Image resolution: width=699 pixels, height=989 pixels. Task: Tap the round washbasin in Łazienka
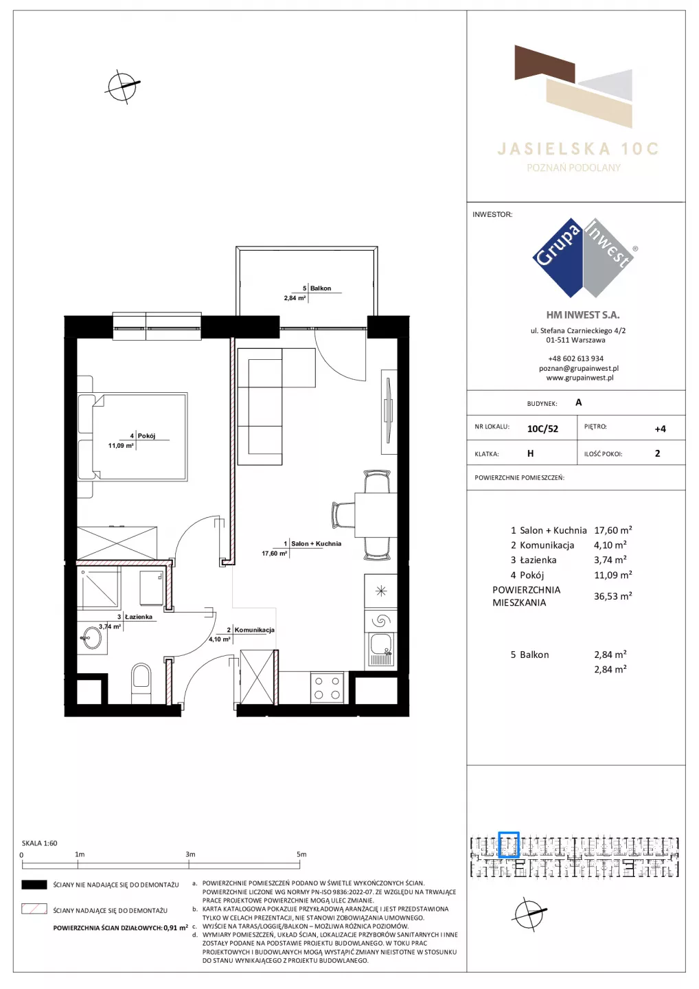(x=92, y=637)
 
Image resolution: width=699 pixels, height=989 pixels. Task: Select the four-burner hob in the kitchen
(x=327, y=687)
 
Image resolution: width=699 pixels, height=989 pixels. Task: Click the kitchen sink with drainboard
(x=381, y=650)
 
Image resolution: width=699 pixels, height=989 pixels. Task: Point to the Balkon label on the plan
(x=321, y=288)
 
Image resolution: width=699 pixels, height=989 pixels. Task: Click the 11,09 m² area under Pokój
(x=121, y=446)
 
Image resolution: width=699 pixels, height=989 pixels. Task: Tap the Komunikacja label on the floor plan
(x=254, y=630)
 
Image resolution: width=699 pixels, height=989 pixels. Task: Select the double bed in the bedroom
(x=133, y=436)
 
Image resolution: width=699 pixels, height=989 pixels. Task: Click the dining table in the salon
(x=376, y=515)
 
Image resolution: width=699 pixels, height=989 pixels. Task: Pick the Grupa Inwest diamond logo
(x=583, y=258)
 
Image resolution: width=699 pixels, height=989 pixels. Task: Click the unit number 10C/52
(x=542, y=429)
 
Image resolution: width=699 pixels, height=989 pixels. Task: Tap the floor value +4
(x=660, y=429)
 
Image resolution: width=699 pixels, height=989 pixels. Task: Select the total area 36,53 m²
(x=613, y=596)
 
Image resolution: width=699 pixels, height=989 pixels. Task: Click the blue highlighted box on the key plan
(x=508, y=844)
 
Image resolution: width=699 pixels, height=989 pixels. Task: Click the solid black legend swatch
(x=34, y=885)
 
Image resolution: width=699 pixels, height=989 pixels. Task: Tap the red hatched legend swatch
(x=34, y=909)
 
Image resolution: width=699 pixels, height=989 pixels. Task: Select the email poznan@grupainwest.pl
(x=579, y=368)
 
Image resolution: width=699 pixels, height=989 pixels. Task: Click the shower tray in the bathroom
(x=98, y=587)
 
